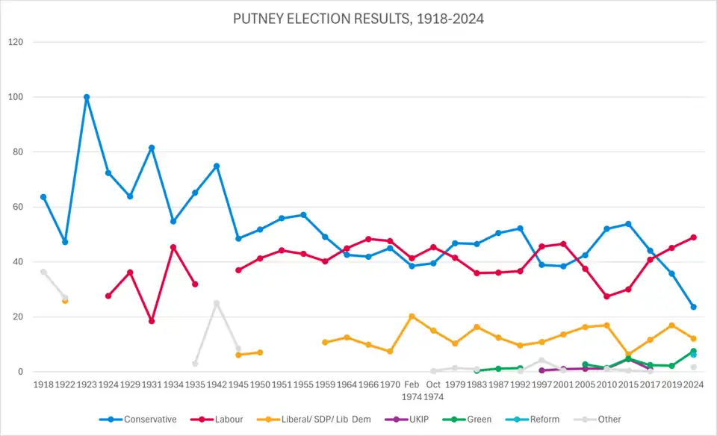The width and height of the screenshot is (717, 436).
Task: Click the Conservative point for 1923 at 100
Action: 87,97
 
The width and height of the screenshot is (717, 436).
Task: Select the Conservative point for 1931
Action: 152,148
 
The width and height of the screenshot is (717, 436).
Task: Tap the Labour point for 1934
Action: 173,247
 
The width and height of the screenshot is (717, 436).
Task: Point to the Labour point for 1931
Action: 152,321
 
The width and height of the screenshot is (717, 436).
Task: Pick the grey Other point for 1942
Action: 217,303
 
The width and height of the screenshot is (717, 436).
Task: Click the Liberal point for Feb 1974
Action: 412,317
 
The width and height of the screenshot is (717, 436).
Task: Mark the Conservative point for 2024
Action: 693,307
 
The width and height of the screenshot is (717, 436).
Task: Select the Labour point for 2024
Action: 693,237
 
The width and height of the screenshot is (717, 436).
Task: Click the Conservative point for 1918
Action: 43,197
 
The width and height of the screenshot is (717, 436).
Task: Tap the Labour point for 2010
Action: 606,296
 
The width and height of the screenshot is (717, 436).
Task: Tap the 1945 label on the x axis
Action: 238,384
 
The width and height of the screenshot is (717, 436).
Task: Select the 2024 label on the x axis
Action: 693,384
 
